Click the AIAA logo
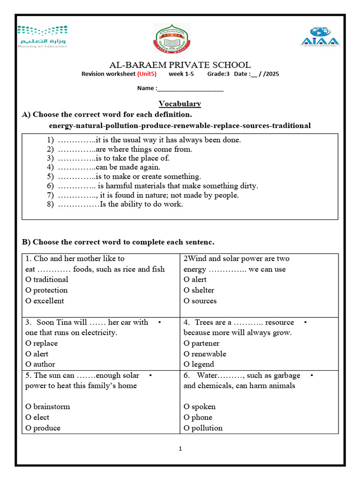(x=320, y=37)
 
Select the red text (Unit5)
(x=147, y=74)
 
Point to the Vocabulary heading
(x=180, y=104)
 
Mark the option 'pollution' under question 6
(x=203, y=428)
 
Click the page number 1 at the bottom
(x=180, y=449)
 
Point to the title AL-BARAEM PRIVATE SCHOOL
(x=180, y=65)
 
